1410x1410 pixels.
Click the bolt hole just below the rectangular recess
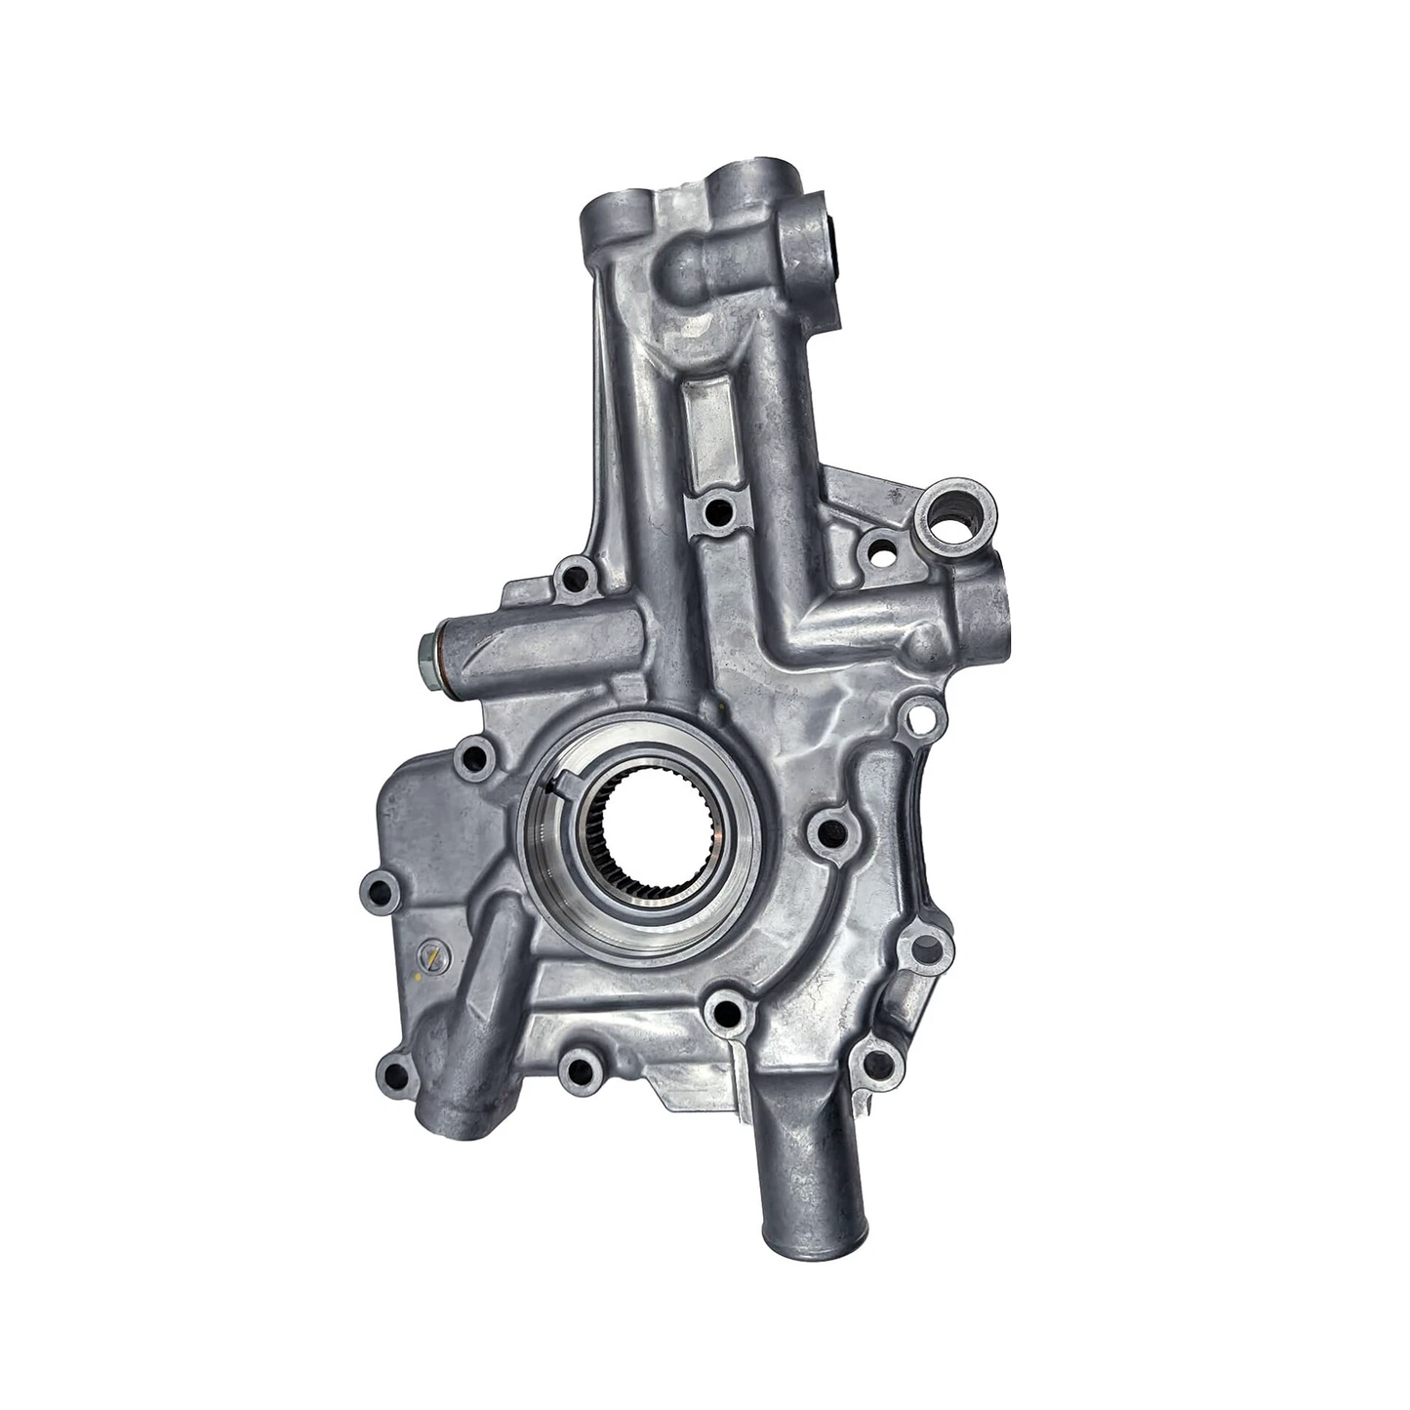(x=717, y=507)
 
